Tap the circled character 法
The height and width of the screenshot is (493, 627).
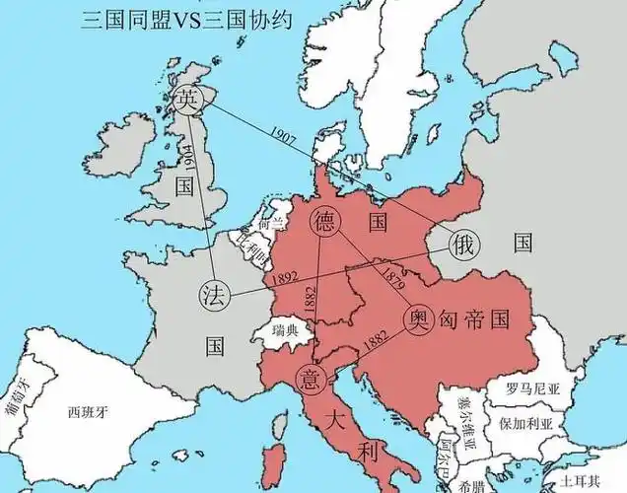212,294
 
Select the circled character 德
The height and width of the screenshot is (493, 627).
323,222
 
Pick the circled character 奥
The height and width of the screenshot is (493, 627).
417,317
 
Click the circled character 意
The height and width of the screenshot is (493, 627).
311,376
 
